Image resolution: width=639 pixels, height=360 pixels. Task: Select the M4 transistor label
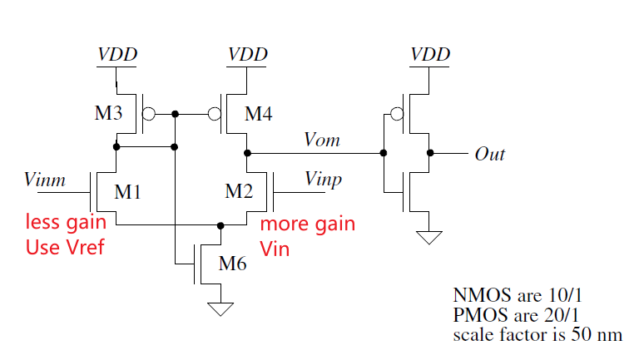pos(259,114)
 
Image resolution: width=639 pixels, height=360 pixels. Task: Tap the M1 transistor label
pos(127,193)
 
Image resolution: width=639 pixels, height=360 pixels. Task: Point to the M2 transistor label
pos(239,193)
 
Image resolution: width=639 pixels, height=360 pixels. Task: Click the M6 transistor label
pos(233,265)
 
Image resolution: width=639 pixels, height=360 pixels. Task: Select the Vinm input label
pos(45,178)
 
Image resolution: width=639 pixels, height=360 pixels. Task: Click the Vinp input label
pos(323,180)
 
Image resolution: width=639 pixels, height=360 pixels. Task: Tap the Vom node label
pos(322,140)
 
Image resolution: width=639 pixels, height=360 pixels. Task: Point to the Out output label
pos(489,154)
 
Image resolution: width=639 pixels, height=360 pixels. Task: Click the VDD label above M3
pos(117,55)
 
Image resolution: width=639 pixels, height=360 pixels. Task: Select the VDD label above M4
pos(248,55)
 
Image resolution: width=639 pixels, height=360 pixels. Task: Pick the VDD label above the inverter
pos(430,55)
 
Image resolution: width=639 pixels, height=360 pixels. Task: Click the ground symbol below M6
pos(220,309)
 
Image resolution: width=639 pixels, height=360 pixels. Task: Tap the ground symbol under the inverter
pos(430,238)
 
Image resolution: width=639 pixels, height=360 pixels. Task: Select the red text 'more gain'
pos(308,224)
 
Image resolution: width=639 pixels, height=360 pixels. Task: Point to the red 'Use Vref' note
pos(65,247)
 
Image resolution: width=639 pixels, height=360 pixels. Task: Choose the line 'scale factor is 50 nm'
pos(537,335)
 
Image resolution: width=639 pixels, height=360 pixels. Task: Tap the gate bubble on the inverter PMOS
pos(399,113)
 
